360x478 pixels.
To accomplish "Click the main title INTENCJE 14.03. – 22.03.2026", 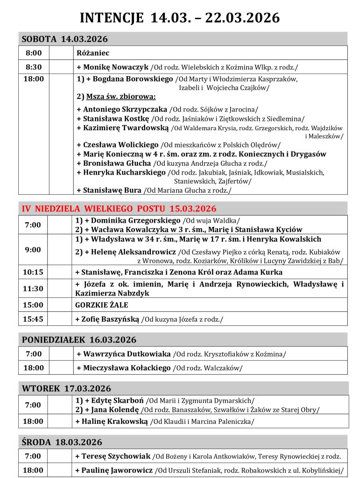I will coord(180,18).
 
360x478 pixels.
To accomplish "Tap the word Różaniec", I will coord(93,53).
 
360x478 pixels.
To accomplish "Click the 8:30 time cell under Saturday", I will coord(34,67).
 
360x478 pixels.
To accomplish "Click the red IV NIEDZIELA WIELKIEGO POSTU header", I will coord(119,208).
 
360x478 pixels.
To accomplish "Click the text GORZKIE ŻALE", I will coord(102,305).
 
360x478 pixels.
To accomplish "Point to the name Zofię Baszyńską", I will coord(110,319).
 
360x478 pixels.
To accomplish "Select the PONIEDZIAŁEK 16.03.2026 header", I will coord(79,339).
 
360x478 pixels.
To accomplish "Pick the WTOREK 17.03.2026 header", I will coord(66,388).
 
